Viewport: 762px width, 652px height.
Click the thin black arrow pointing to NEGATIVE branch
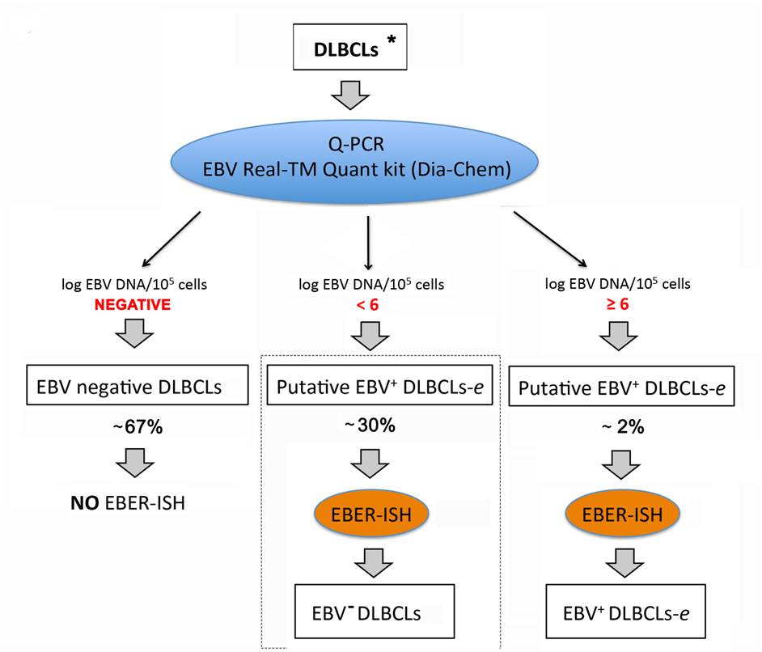[171, 240]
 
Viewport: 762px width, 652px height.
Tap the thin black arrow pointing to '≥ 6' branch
[549, 239]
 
